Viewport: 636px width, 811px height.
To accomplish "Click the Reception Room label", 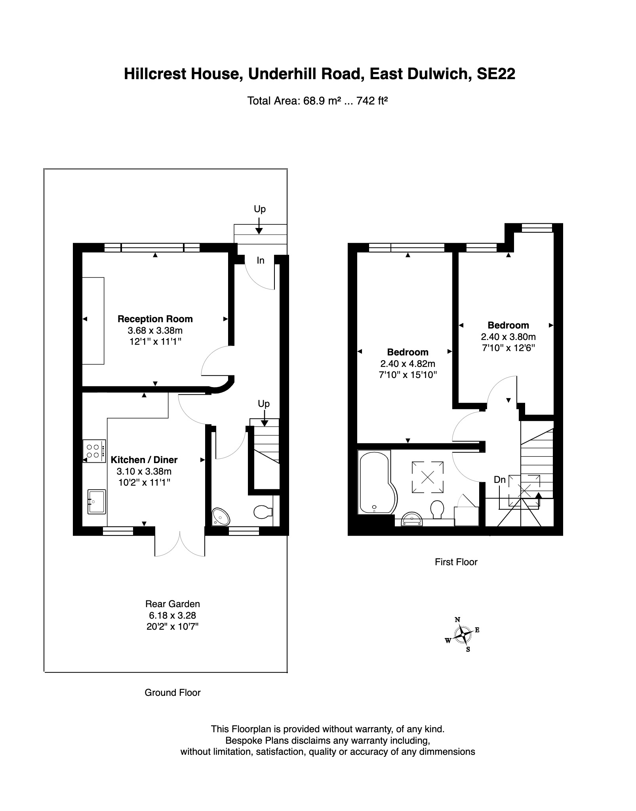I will pos(155,319).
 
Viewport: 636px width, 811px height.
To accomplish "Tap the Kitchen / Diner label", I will pos(144,460).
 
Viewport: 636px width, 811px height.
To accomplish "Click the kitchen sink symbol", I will pos(96,501).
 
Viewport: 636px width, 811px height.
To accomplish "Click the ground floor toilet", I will pos(263,512).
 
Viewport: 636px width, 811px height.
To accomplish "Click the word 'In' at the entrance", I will pos(260,260).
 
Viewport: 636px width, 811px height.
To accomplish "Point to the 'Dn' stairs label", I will pos(500,480).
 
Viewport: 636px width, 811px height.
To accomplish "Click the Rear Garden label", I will pos(172,604).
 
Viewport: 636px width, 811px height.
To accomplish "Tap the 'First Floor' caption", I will pos(456,562).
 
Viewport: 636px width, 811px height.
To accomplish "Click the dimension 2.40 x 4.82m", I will pos(407,364).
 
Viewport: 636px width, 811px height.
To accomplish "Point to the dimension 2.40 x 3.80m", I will pos(508,337).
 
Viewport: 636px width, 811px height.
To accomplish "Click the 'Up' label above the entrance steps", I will pos(259,209).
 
